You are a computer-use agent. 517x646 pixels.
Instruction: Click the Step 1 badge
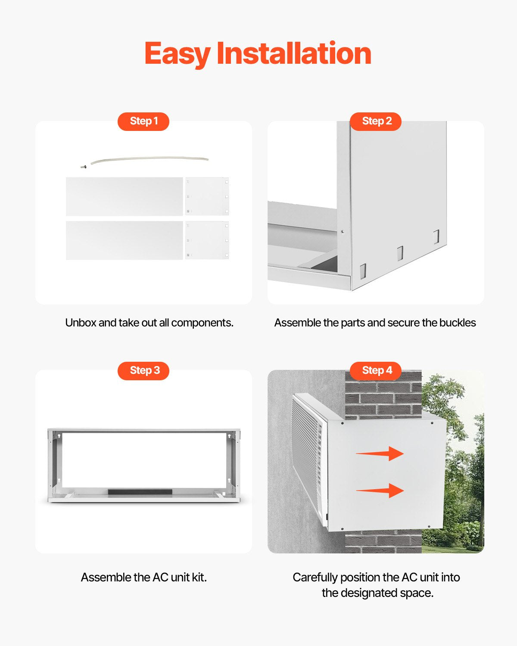pyautogui.click(x=143, y=121)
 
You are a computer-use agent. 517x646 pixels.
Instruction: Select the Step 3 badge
pyautogui.click(x=143, y=370)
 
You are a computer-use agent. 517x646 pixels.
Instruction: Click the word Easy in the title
pyautogui.click(x=177, y=54)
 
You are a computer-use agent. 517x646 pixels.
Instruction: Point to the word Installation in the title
pyautogui.click(x=294, y=54)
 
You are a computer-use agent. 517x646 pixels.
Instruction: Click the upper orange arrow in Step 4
pyautogui.click(x=380, y=453)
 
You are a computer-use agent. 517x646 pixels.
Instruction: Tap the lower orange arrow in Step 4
pyautogui.click(x=380, y=491)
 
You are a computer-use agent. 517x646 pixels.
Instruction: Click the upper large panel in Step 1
pyautogui.click(x=124, y=196)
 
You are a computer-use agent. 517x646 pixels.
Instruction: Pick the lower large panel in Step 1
pyautogui.click(x=124, y=240)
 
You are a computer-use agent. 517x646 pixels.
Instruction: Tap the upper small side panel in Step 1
pyautogui.click(x=207, y=196)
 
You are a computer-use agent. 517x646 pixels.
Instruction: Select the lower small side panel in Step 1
pyautogui.click(x=207, y=240)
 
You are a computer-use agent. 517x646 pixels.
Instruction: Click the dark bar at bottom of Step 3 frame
pyautogui.click(x=140, y=492)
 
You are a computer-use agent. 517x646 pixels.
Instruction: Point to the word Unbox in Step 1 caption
pyautogui.click(x=81, y=323)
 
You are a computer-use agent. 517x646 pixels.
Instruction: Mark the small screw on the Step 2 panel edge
pyautogui.click(x=343, y=231)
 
